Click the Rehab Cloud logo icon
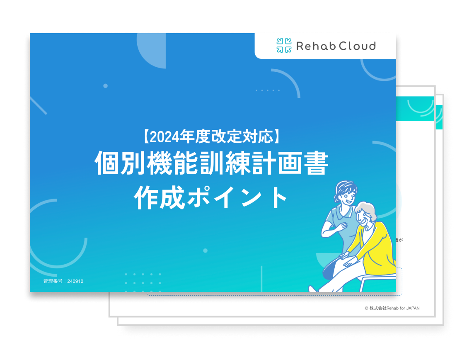point(284,46)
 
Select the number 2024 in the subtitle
point(164,137)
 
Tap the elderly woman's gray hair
point(367,209)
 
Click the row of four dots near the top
point(268,90)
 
